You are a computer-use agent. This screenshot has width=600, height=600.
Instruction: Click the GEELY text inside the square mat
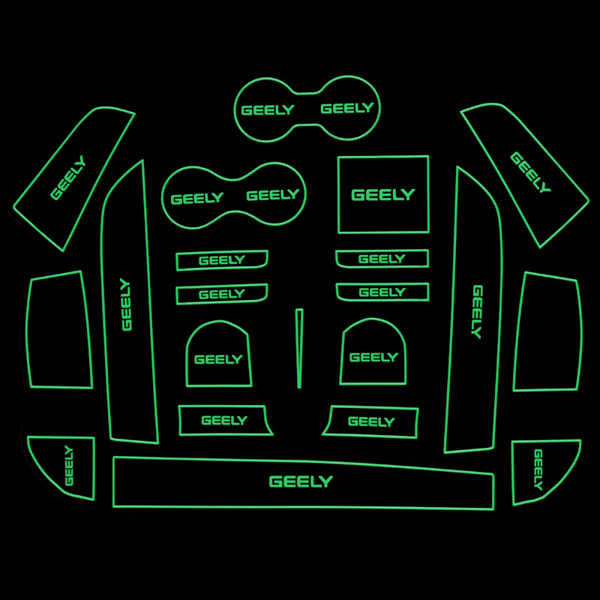382,195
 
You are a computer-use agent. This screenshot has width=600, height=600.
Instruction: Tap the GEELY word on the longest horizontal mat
300,481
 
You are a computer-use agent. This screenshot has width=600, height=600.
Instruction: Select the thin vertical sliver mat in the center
299,348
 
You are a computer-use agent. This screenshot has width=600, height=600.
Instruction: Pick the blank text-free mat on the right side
547,332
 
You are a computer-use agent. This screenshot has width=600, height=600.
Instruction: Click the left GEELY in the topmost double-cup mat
267,110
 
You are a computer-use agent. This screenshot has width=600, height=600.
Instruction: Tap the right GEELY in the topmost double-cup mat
346,108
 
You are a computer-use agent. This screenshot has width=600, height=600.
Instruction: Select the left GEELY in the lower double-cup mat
196,199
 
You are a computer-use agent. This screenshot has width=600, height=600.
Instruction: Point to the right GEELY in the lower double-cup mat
272,195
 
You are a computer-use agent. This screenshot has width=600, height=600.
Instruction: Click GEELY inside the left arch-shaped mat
218,359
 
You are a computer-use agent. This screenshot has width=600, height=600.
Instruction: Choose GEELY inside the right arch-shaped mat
373,357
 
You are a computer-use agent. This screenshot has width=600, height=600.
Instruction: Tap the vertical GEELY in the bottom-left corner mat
69,465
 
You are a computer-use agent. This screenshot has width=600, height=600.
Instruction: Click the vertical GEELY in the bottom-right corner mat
538,469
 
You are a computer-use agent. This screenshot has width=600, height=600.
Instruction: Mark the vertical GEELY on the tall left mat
126,304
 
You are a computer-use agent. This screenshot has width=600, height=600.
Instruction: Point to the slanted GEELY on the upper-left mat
68,178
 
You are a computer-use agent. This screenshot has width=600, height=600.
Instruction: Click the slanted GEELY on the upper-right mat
530,172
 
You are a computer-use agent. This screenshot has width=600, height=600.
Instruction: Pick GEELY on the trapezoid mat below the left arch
223,421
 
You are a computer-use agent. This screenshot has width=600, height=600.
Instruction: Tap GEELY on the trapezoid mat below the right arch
370,422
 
